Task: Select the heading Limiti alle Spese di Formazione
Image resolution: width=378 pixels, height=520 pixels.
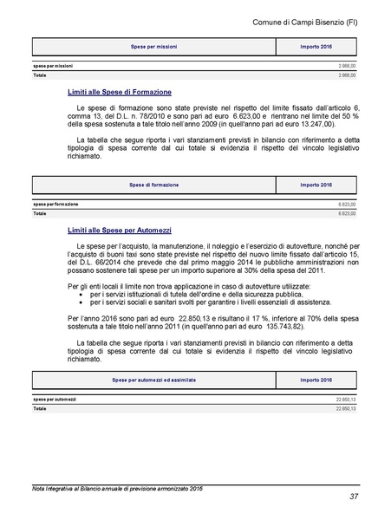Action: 119,91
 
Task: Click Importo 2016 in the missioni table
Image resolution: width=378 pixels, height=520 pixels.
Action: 316,46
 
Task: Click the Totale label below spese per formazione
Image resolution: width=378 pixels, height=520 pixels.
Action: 40,212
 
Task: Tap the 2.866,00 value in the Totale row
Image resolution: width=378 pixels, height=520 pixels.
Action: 347,75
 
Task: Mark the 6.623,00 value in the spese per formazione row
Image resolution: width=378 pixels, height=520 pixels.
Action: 347,205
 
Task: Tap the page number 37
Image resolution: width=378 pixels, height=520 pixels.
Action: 354,497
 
